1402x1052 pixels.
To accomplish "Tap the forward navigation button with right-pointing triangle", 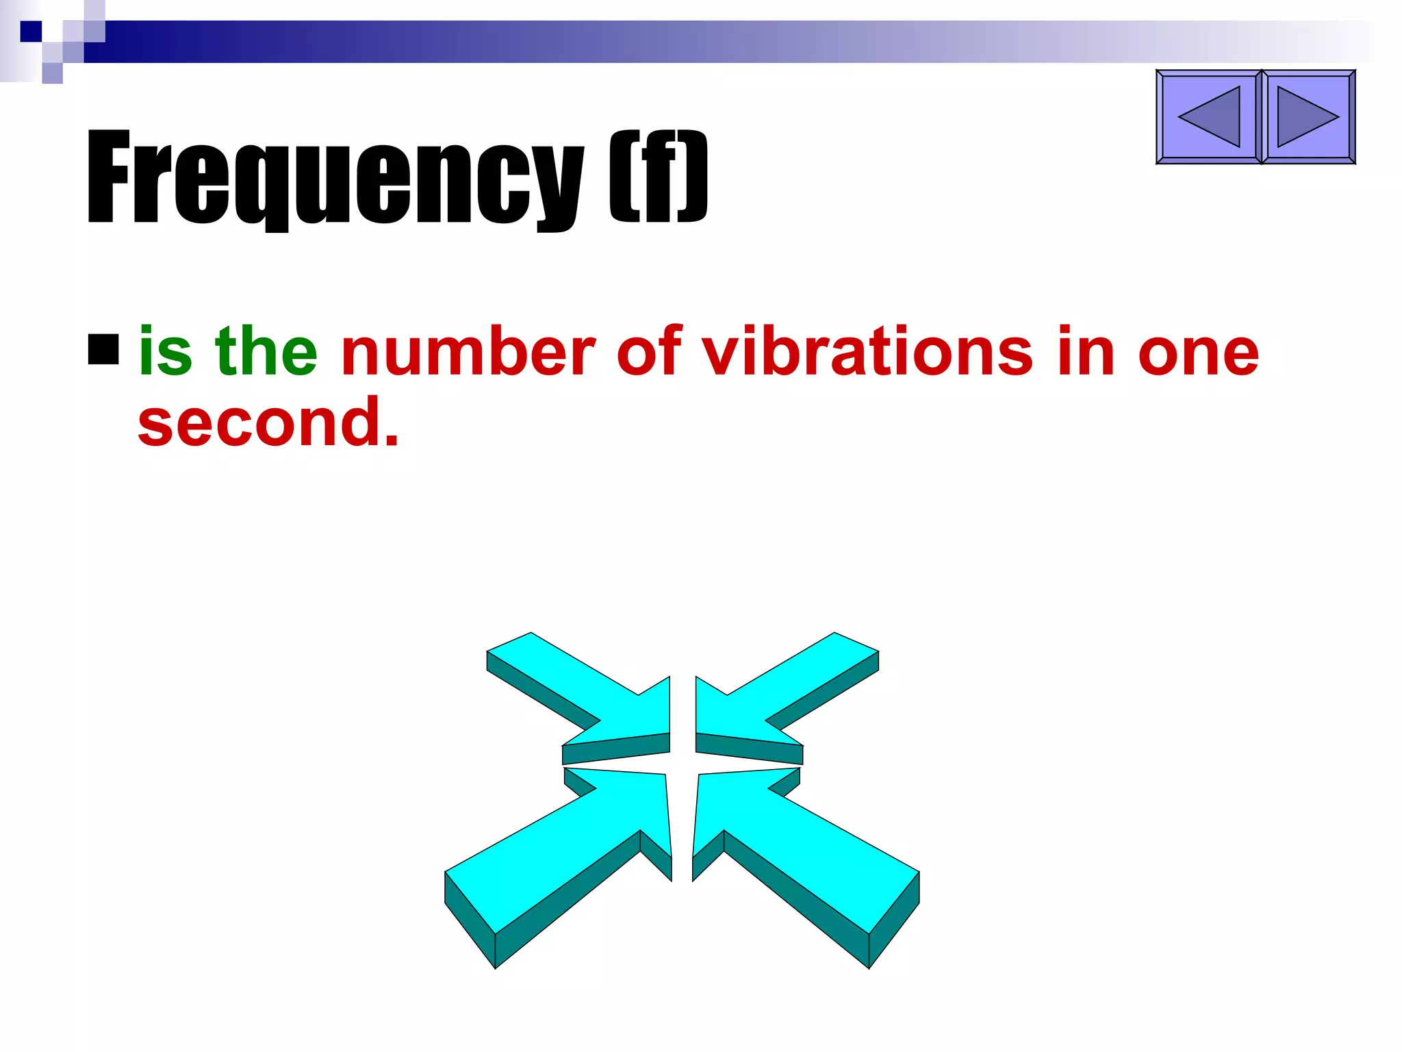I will tap(1308, 117).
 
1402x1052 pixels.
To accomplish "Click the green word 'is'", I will tap(165, 351).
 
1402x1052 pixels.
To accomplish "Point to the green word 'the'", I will tap(266, 351).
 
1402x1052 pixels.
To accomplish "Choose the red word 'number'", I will tap(468, 351).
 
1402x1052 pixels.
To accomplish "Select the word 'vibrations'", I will tap(867, 351).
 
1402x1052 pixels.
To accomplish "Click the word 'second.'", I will tap(267, 422).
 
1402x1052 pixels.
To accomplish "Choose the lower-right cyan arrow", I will tap(801, 856).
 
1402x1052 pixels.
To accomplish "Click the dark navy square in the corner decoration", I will tap(31, 32).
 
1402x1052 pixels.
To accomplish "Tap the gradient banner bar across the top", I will tap(685, 42).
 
